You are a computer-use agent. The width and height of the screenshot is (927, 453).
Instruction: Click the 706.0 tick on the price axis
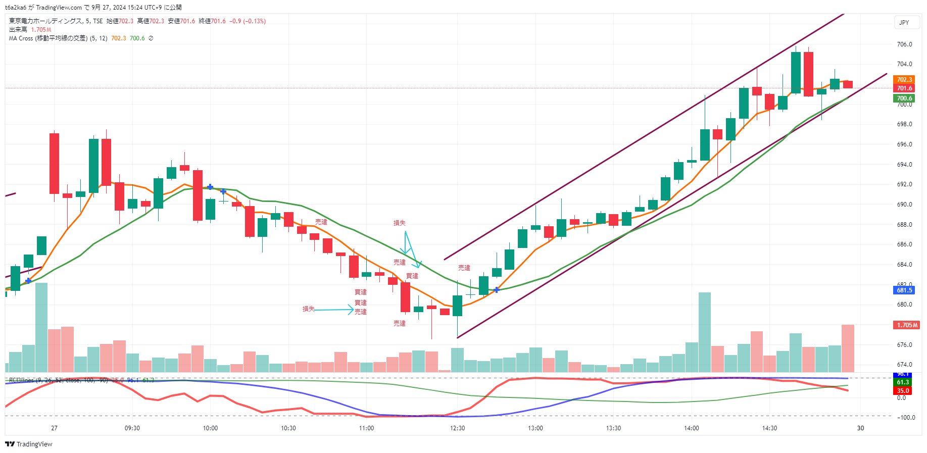click(x=904, y=44)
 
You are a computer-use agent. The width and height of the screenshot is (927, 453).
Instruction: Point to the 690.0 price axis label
click(x=904, y=205)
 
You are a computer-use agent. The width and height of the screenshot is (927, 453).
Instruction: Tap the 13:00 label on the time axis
click(x=535, y=428)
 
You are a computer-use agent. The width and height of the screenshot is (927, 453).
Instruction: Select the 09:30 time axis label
click(x=132, y=428)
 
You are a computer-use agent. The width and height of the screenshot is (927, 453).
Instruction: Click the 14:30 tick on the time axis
click(x=769, y=428)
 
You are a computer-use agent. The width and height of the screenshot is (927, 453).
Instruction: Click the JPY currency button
click(x=904, y=23)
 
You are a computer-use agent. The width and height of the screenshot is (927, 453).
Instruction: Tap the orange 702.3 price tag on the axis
click(x=904, y=80)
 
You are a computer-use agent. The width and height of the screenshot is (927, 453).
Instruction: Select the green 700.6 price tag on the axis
click(x=904, y=98)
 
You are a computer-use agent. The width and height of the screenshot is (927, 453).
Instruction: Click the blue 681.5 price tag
click(x=904, y=290)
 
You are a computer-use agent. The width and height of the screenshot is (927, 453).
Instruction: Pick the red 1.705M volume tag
click(x=907, y=325)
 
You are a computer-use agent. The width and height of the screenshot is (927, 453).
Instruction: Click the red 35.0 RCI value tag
click(x=903, y=391)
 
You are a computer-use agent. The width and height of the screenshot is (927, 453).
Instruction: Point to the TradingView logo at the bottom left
click(x=29, y=444)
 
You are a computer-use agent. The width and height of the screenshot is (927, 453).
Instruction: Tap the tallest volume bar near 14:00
click(x=704, y=332)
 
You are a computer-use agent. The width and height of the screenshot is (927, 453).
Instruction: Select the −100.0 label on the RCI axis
click(x=905, y=418)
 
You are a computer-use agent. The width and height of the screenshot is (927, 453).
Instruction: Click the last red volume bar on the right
click(x=848, y=348)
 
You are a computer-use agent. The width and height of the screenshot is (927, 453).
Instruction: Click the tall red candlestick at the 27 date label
click(x=54, y=163)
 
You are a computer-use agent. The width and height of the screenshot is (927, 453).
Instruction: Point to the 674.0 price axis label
click(x=904, y=365)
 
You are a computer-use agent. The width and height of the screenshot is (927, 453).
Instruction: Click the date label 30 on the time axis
click(x=860, y=428)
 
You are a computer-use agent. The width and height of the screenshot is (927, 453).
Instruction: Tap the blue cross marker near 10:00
click(x=210, y=187)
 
